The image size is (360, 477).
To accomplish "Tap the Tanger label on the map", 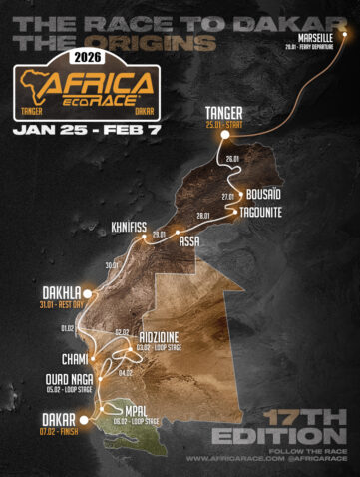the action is point(224,113).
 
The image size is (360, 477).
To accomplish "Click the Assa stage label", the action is point(189,240).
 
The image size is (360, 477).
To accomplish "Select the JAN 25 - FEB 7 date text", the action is point(84,130).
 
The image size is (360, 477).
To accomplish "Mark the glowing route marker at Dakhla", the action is point(88,293).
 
